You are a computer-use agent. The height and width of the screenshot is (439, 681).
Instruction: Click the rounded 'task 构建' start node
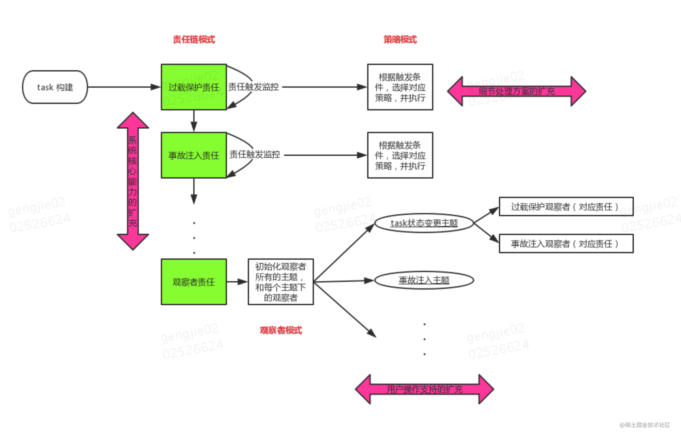[55, 87]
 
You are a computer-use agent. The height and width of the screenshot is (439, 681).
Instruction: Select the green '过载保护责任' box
[194, 87]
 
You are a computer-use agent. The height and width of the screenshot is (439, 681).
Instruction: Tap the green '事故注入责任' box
[194, 155]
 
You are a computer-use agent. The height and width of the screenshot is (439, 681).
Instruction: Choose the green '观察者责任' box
[194, 282]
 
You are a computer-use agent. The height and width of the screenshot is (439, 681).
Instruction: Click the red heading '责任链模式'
[194, 39]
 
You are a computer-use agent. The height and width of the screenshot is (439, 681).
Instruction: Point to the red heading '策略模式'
[400, 39]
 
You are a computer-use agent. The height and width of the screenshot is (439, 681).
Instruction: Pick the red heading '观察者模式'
[281, 330]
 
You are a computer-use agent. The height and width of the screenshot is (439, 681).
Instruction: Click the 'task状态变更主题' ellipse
[424, 223]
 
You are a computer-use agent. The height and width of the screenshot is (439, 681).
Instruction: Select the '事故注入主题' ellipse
[424, 280]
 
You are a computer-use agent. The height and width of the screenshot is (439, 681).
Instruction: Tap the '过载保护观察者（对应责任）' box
[566, 207]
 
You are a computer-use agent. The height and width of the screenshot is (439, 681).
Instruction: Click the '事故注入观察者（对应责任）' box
[566, 243]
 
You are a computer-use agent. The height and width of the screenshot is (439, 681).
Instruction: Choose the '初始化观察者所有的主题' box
[281, 282]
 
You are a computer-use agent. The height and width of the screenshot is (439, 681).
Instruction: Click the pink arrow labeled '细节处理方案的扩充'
[516, 91]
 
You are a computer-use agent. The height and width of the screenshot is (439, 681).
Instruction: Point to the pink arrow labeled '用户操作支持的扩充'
[424, 389]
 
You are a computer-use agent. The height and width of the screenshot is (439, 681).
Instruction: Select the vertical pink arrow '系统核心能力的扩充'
[133, 181]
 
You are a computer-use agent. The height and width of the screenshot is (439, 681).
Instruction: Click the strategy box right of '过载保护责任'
[400, 87]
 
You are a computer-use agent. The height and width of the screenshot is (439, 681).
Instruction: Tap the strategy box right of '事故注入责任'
[400, 155]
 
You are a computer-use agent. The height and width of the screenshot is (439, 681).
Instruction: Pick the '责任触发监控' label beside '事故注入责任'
[255, 154]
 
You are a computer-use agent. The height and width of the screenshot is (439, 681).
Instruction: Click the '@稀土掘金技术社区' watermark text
[645, 425]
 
